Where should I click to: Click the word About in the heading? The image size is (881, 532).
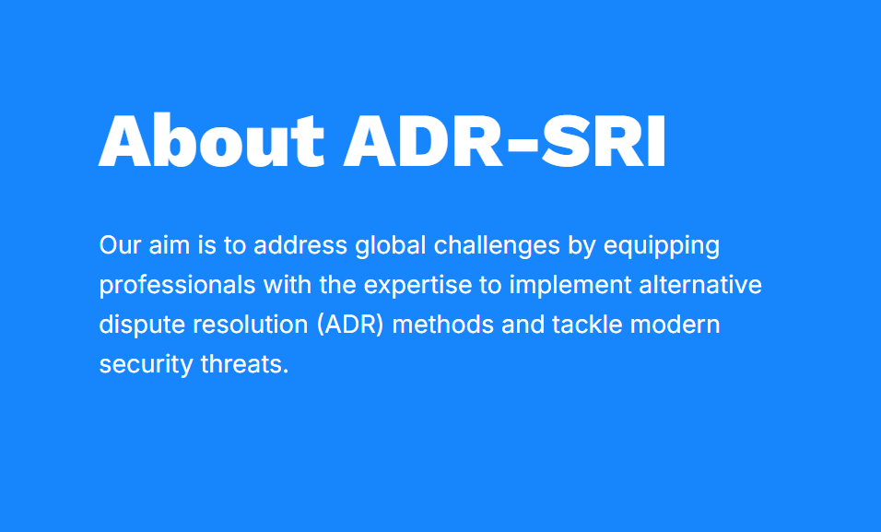[x=212, y=140]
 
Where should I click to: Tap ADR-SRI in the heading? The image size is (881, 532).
[x=505, y=140]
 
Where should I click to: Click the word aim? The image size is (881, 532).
[x=169, y=245]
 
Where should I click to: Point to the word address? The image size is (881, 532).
[x=300, y=245]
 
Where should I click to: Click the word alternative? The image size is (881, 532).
[x=700, y=285]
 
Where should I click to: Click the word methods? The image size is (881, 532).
[x=442, y=325]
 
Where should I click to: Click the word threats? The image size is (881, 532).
[x=244, y=364]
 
